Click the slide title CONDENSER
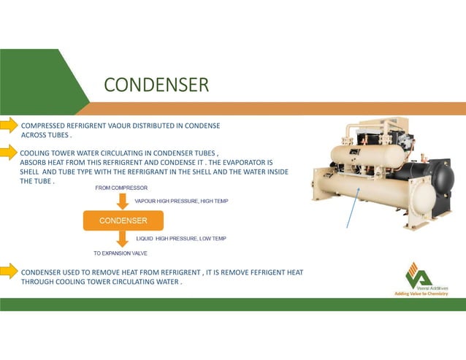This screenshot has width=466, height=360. (x=156, y=85)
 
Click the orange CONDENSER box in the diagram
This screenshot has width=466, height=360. (x=123, y=220)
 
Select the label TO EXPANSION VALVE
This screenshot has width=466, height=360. (x=121, y=253)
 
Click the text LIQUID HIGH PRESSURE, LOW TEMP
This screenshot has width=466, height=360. (x=181, y=239)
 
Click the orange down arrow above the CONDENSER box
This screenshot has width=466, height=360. (x=122, y=200)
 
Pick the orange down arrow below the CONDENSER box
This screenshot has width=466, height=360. (x=122, y=240)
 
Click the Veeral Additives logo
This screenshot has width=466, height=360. (x=419, y=275)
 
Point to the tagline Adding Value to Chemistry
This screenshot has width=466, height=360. (x=421, y=294)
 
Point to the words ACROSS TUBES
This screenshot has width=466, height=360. (x=45, y=136)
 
